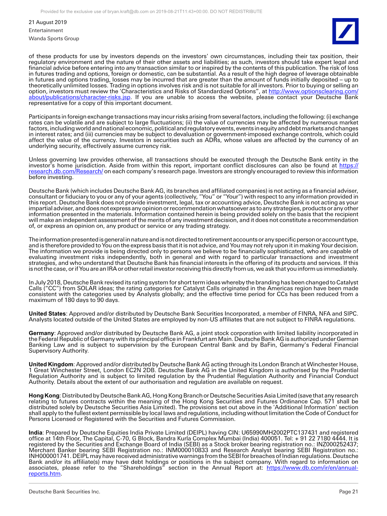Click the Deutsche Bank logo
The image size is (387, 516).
[x=345, y=31]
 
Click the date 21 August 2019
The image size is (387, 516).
[x=48, y=22]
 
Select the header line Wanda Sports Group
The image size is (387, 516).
[x=54, y=38]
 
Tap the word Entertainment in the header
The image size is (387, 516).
[x=46, y=30]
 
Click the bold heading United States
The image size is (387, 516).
[x=47, y=314]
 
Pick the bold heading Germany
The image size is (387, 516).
[x=41, y=333]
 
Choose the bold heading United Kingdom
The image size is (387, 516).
[x=51, y=364]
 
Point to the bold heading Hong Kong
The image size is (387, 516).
[x=44, y=396]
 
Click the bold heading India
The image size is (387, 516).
[x=36, y=433]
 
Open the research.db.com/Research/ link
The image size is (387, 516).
[x=66, y=171]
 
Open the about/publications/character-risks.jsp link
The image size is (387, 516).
[x=80, y=97]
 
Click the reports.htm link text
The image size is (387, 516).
[x=45, y=474]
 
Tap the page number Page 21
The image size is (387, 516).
[x=349, y=492]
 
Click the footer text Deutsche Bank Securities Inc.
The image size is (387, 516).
[x=65, y=492]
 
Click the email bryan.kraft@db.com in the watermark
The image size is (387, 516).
[x=128, y=12]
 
